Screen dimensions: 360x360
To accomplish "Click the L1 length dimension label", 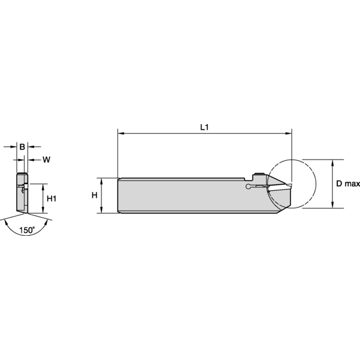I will (204, 127).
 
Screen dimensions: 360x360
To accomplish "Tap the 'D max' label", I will (346, 184).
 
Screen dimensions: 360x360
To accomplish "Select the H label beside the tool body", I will (94, 196).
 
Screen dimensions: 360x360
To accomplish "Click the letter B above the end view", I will (22, 146).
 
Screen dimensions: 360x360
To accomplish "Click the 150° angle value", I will (26, 230).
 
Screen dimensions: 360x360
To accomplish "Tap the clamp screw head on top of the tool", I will (259, 176).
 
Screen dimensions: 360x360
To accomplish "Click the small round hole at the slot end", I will (247, 188).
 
